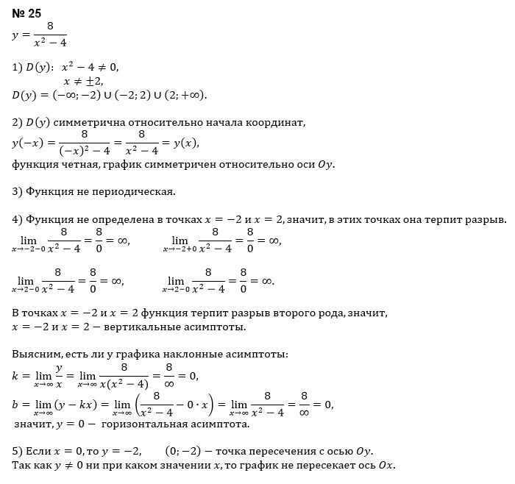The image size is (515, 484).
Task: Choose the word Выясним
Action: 35,355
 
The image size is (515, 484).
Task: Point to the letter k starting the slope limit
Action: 15,375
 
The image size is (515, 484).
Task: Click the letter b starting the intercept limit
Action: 15,403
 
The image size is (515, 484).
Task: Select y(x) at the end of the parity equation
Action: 183,142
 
